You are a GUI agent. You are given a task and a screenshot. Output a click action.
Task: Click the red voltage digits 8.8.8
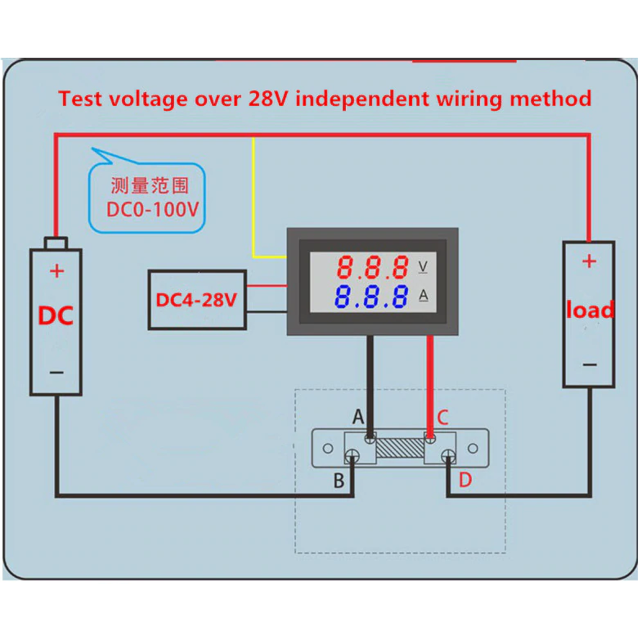(x=373, y=268)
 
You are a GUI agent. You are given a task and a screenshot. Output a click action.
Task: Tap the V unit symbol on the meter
(x=423, y=267)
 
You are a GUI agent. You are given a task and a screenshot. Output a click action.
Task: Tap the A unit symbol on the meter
(x=423, y=296)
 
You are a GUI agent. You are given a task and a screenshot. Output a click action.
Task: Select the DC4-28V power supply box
(x=196, y=300)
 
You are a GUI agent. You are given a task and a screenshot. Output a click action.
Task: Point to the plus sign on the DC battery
(x=56, y=271)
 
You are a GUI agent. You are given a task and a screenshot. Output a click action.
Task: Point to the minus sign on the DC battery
(x=56, y=372)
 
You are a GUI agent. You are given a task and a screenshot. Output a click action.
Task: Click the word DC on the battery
(x=56, y=316)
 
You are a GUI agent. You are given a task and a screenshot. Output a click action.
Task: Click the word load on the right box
(x=589, y=310)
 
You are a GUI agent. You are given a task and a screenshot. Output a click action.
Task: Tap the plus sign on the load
(x=589, y=261)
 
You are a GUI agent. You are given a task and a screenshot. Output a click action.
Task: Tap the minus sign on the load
(x=589, y=364)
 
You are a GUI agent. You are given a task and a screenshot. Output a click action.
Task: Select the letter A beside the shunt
(x=358, y=416)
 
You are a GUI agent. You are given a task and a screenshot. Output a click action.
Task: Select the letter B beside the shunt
(x=339, y=481)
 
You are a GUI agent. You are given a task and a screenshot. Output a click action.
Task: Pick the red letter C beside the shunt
(x=443, y=417)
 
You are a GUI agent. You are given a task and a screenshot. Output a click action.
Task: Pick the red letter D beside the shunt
(x=465, y=480)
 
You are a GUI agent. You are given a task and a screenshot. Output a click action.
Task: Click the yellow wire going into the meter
(x=253, y=201)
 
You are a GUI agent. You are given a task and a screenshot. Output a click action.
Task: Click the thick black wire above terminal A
(x=371, y=382)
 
